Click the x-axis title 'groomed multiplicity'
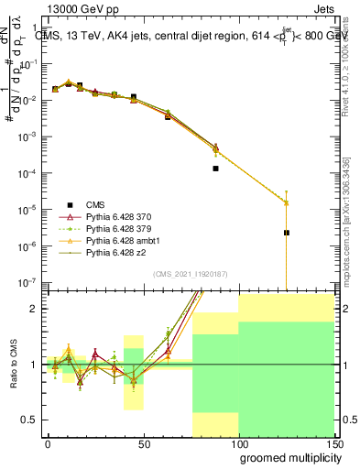[286, 456]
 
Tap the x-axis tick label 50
[143, 442]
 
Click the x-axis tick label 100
[238, 442]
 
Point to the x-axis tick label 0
[48, 442]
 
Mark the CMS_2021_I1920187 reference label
[190, 272]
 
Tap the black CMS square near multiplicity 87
[215, 169]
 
